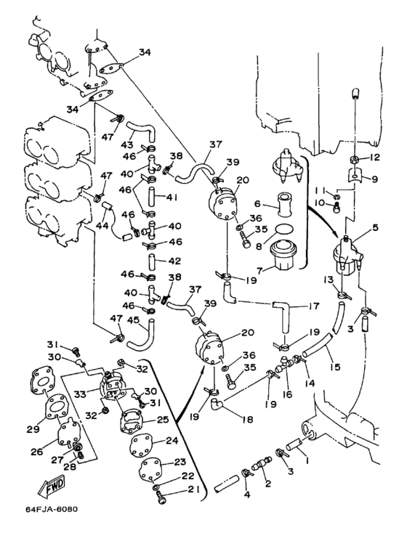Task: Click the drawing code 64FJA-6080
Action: [x=52, y=509]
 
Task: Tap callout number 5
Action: [x=376, y=227]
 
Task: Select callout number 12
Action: [x=375, y=158]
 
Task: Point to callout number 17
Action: [x=314, y=306]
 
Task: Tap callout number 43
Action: [x=127, y=145]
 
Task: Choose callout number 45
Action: [x=132, y=320]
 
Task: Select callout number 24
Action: [x=172, y=441]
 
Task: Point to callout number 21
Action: [x=193, y=490]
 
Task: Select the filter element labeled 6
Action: [x=285, y=205]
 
